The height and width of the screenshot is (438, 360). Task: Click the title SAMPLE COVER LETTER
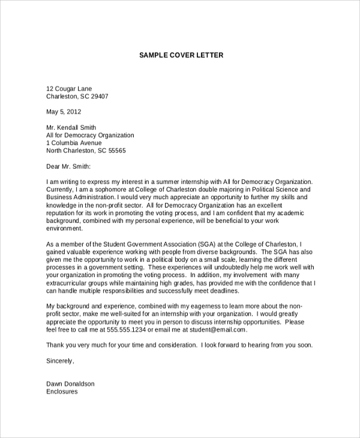point(181,55)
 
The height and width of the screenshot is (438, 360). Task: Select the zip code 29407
point(97,96)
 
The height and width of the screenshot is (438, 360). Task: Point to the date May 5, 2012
point(64,112)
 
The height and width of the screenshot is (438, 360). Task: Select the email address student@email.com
point(218,329)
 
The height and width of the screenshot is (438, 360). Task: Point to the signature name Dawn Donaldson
point(70,384)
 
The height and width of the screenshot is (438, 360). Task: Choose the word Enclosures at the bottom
point(62,392)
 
